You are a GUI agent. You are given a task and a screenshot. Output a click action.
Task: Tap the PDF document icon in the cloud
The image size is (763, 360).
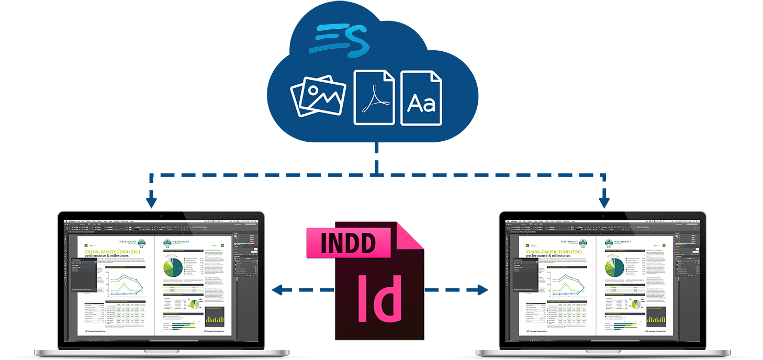coord(374,97)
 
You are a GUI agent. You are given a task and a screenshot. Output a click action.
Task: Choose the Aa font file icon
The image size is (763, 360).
coord(421,98)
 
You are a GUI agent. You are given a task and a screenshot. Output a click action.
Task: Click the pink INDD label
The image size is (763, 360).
coord(348,243)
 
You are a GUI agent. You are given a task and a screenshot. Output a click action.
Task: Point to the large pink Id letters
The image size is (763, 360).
coord(380,297)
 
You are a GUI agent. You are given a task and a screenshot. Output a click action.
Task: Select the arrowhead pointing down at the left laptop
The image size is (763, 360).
coord(152,201)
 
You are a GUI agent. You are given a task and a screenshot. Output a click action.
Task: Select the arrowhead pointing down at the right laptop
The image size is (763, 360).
coord(604,201)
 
